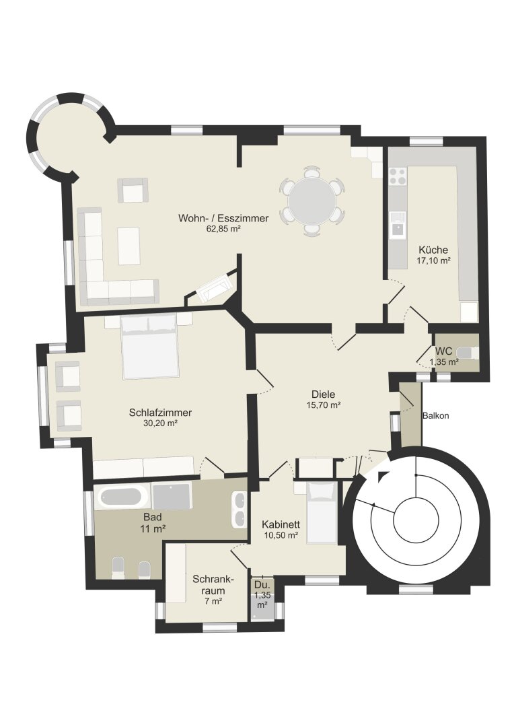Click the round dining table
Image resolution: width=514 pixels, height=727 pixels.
[x=312, y=201]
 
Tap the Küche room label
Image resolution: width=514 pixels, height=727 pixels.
[x=433, y=250]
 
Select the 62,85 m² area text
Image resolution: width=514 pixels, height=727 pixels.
[x=223, y=229]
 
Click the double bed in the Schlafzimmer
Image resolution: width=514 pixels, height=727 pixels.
[x=150, y=347]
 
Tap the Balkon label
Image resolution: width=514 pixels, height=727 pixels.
[x=436, y=416]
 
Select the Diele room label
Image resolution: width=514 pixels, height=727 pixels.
[x=324, y=394]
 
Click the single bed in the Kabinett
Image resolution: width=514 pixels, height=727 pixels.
[x=322, y=512]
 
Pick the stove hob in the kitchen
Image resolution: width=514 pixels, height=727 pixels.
[x=397, y=176]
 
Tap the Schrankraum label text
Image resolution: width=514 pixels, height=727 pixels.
[x=213, y=585]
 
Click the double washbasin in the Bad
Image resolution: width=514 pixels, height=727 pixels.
[x=240, y=510]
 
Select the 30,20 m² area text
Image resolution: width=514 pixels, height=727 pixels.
[x=161, y=423]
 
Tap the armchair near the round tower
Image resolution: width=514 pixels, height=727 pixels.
[x=133, y=190]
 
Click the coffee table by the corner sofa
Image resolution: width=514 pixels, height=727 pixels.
[x=129, y=246]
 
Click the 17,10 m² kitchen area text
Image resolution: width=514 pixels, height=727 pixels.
[x=433, y=261]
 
